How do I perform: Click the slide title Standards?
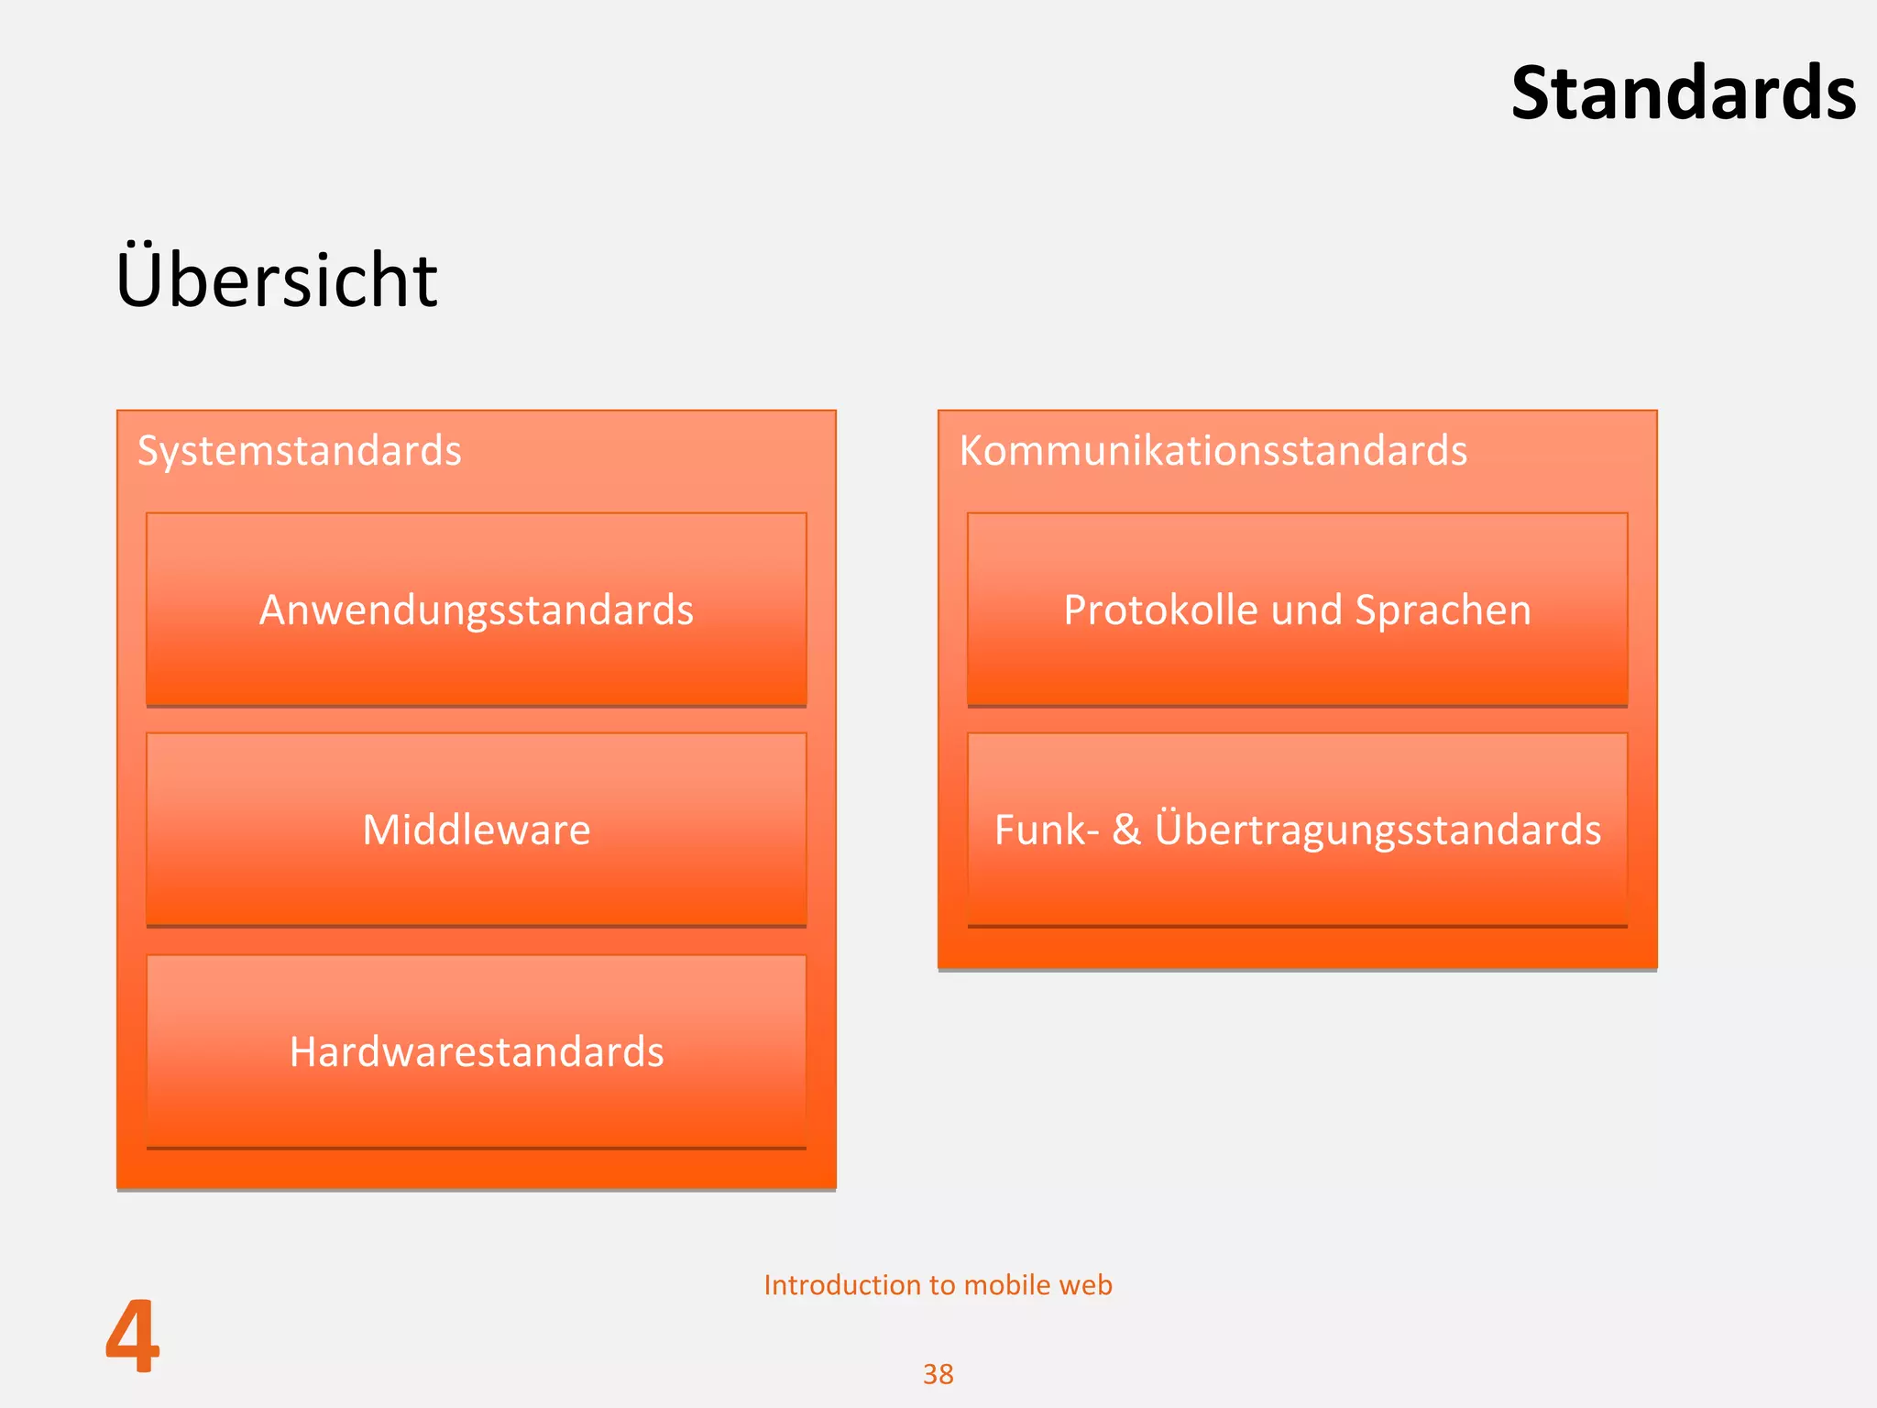1683,93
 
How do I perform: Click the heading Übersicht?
276,279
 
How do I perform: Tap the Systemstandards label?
299,451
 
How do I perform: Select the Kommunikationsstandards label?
1213,451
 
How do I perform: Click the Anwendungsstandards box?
477,610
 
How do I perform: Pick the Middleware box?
477,830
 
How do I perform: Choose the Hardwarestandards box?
477,1051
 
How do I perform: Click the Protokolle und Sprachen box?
1297,610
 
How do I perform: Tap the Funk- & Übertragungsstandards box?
1297,830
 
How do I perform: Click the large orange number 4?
133,1336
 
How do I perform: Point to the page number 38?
938,1374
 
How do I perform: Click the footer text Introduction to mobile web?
938,1285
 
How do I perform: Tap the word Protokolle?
1160,610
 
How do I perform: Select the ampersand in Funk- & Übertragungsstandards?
1126,830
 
